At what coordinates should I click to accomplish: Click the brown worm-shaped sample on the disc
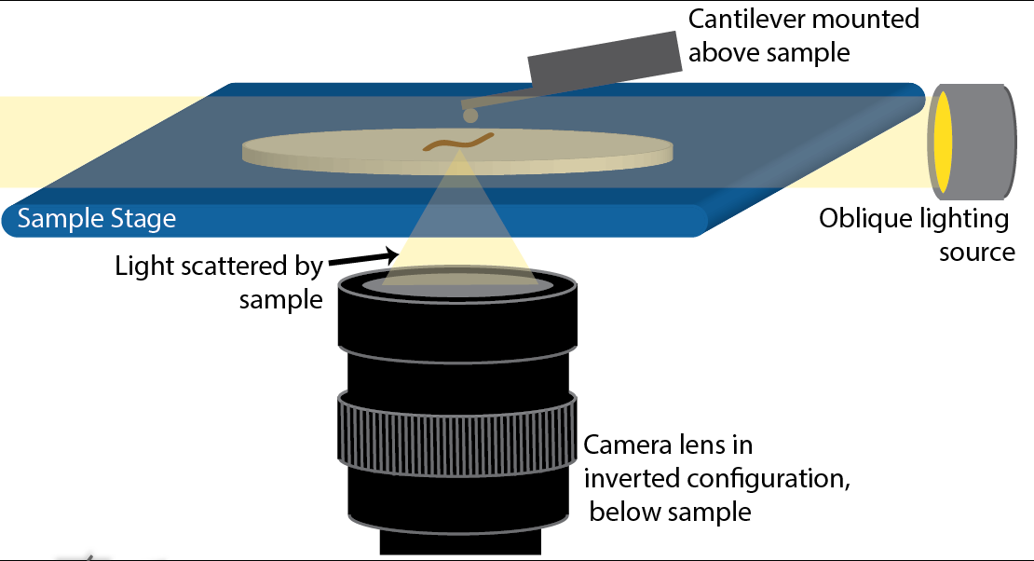(x=458, y=143)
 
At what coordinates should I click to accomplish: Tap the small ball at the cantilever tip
(x=470, y=116)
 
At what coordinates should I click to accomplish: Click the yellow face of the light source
(x=943, y=141)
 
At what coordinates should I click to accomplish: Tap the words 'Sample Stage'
(x=97, y=220)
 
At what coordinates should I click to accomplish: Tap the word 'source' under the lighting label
(x=976, y=252)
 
